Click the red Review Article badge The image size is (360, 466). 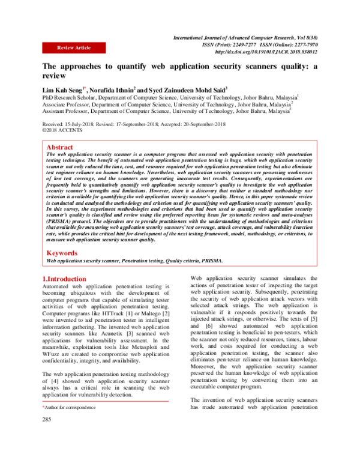pyautogui.click(x=74, y=47)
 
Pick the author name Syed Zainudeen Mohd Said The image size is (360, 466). pyautogui.click(x=186, y=88)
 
